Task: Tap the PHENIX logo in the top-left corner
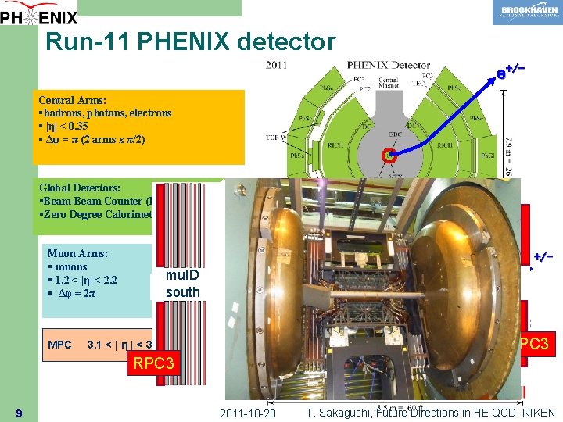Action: click(39, 13)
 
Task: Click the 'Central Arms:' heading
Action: click(74, 100)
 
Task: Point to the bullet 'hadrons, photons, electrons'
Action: click(107, 113)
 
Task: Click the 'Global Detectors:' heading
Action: click(80, 188)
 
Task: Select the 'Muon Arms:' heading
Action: click(77, 253)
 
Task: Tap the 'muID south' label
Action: click(182, 284)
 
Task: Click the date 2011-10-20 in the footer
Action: click(248, 413)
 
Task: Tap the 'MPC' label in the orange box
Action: click(59, 345)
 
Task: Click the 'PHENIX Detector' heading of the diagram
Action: click(388, 65)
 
